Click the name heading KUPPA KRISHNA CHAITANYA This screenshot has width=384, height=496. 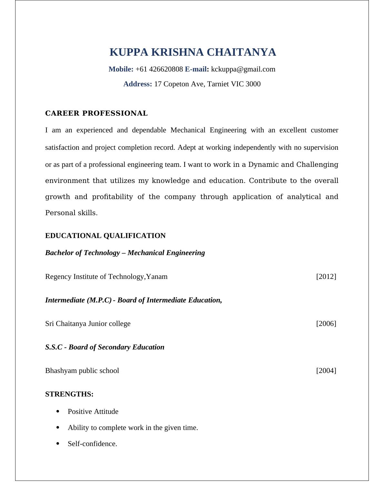193,52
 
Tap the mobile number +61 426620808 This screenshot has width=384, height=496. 159,69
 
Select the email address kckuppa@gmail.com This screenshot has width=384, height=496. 243,69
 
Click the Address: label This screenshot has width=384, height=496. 137,84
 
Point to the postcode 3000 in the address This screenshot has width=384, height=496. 253,84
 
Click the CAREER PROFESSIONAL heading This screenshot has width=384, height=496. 96,113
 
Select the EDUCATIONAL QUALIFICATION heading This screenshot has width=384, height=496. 105,236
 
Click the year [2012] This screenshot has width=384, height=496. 326,277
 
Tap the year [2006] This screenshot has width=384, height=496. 326,324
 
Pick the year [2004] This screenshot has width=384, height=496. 326,371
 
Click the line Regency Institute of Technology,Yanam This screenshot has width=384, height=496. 106,277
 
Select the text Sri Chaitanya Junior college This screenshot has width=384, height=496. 88,324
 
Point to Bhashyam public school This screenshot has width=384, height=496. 82,371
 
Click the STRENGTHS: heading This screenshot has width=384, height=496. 69,394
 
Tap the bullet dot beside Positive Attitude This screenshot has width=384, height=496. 58,411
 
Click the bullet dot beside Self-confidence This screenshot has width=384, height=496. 58,444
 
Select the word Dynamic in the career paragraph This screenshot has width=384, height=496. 263,165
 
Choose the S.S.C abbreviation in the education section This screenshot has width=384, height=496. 54,347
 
